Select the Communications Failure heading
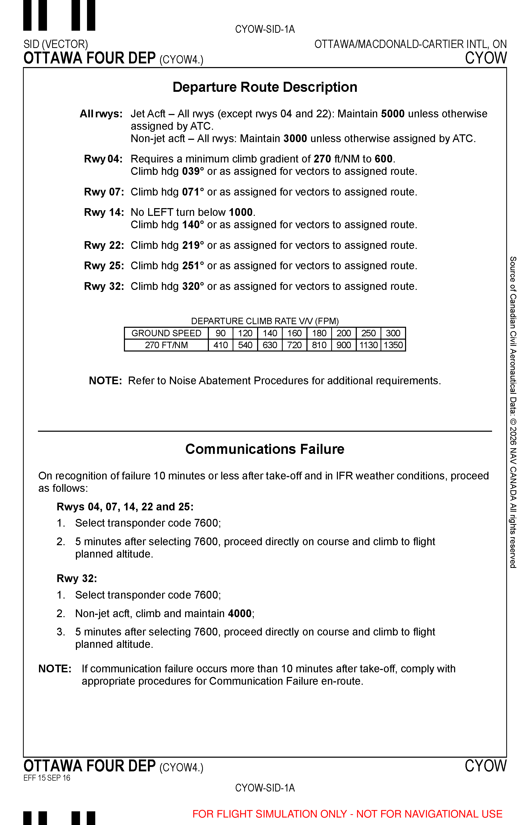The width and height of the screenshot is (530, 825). click(265, 449)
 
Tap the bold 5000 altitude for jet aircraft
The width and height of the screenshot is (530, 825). click(393, 114)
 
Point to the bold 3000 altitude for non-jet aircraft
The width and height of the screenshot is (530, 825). click(295, 138)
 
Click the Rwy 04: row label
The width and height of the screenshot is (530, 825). click(103, 159)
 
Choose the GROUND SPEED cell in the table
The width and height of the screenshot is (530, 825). click(166, 333)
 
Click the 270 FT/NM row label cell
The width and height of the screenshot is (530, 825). click(166, 345)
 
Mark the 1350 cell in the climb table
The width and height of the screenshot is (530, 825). click(393, 345)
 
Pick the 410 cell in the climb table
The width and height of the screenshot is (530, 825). click(220, 345)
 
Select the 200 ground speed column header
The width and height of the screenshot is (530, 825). click(343, 333)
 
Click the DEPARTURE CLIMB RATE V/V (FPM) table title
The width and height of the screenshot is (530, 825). click(265, 321)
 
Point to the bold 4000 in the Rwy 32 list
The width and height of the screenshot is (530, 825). click(240, 614)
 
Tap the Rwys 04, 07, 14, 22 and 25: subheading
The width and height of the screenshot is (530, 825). click(125, 507)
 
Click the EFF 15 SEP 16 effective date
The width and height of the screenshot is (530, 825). click(47, 778)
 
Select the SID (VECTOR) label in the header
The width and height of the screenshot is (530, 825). click(56, 44)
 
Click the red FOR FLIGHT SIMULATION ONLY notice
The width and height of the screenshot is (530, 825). click(347, 814)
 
